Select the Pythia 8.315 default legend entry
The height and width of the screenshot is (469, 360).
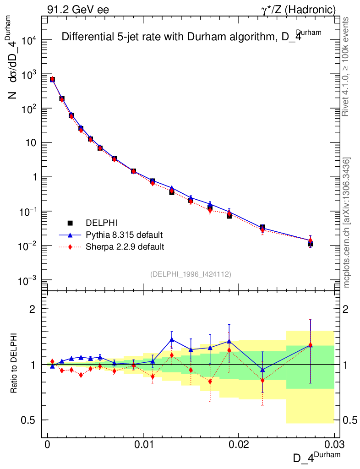coord(124,235)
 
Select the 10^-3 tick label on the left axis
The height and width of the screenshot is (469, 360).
coord(28,280)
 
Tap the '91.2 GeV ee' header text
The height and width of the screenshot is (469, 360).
coord(78,10)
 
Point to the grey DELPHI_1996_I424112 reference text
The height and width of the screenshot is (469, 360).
coord(191,274)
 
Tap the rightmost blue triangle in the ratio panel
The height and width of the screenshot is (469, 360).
coord(311,345)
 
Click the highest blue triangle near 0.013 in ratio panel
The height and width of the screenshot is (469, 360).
coord(172,339)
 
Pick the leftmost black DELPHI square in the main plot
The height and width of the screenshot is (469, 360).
coord(52,80)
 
